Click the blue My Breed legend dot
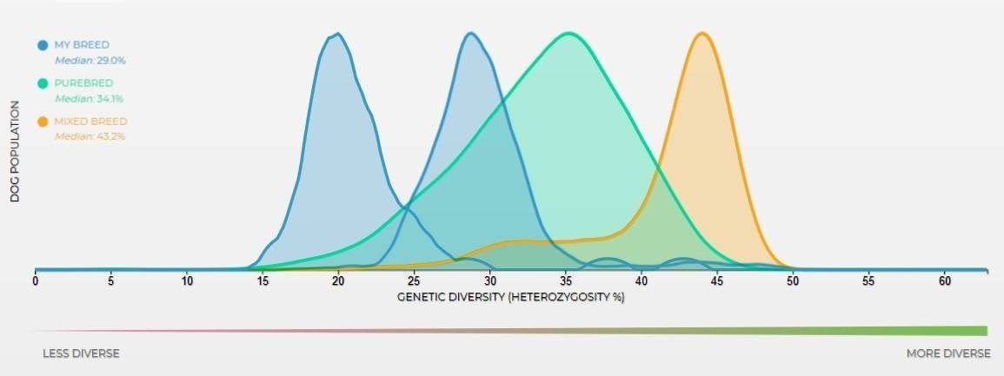coord(42,45)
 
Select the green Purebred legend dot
coord(42,83)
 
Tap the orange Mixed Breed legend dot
coord(42,122)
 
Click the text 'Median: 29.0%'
coord(90,61)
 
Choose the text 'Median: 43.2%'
coord(90,137)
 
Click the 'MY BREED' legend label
coord(82,45)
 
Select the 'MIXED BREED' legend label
coord(90,122)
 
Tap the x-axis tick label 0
coord(35,281)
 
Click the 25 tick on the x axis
coord(414,281)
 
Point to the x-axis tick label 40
coord(641,281)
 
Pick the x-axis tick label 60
coord(944,281)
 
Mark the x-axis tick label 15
coord(263,281)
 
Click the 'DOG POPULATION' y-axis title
coord(15,151)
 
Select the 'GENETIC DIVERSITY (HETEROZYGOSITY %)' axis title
coord(511,297)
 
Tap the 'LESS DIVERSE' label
coord(82,354)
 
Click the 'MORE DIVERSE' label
coord(947,354)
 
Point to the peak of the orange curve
coord(701,34)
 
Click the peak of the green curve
coord(568,34)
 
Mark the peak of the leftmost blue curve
coord(337,34)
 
